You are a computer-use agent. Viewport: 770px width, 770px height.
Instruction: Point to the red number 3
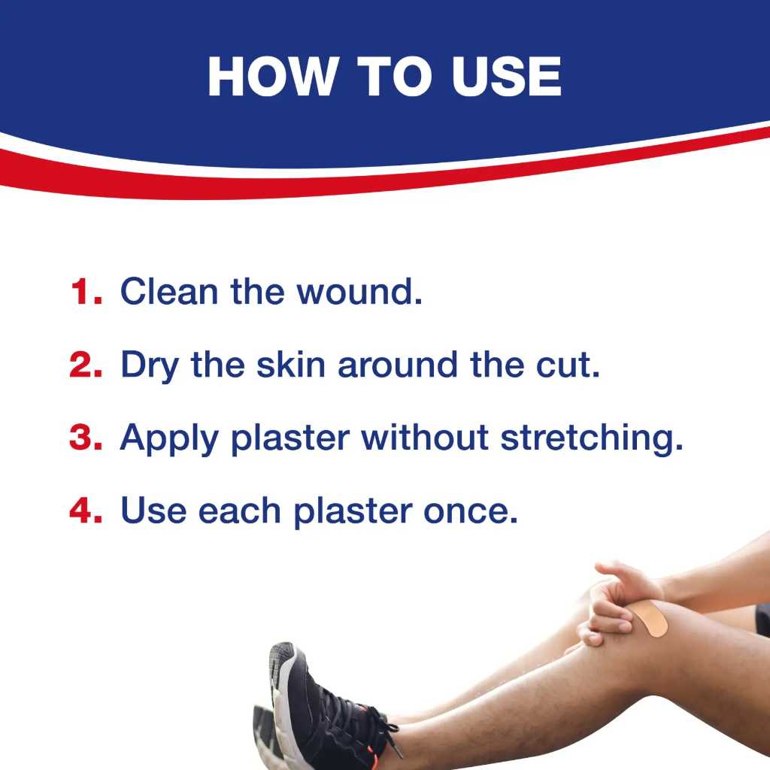(x=86, y=438)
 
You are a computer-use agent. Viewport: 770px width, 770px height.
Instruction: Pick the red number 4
(x=86, y=511)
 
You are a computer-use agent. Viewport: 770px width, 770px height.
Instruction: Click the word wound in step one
(x=359, y=292)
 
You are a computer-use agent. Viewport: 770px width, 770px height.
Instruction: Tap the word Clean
(x=169, y=292)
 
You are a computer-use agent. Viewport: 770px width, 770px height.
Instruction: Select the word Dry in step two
(x=150, y=367)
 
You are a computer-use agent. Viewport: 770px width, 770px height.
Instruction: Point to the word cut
(x=568, y=366)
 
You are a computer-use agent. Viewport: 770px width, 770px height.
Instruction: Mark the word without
(x=425, y=438)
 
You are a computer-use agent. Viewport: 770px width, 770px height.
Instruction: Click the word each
(x=240, y=511)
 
